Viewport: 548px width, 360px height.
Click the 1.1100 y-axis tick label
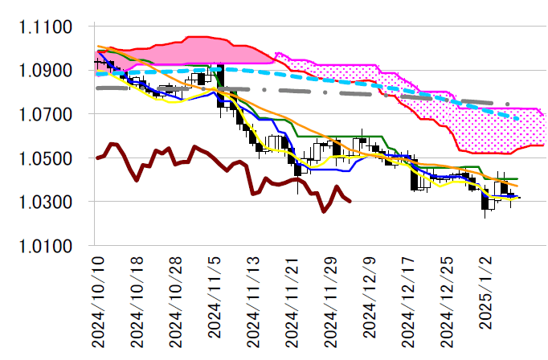[47, 27]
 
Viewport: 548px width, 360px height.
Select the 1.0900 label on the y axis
[47, 71]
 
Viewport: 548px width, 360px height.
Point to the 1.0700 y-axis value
[47, 115]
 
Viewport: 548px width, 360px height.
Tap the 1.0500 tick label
[47, 158]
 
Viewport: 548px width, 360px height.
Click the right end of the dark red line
[350, 201]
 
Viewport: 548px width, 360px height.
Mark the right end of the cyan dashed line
[519, 120]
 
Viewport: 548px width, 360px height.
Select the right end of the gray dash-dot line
[510, 104]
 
